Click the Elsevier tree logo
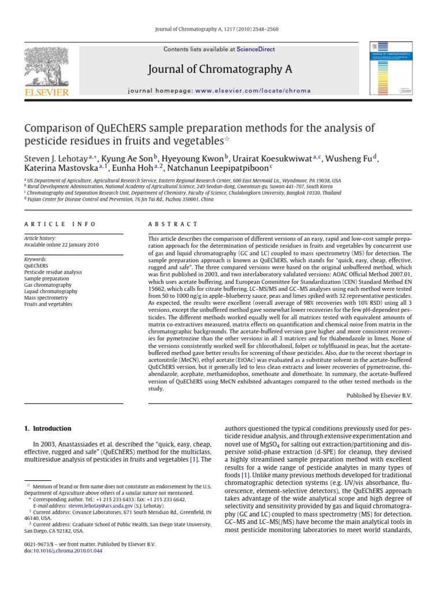[x=46, y=66]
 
